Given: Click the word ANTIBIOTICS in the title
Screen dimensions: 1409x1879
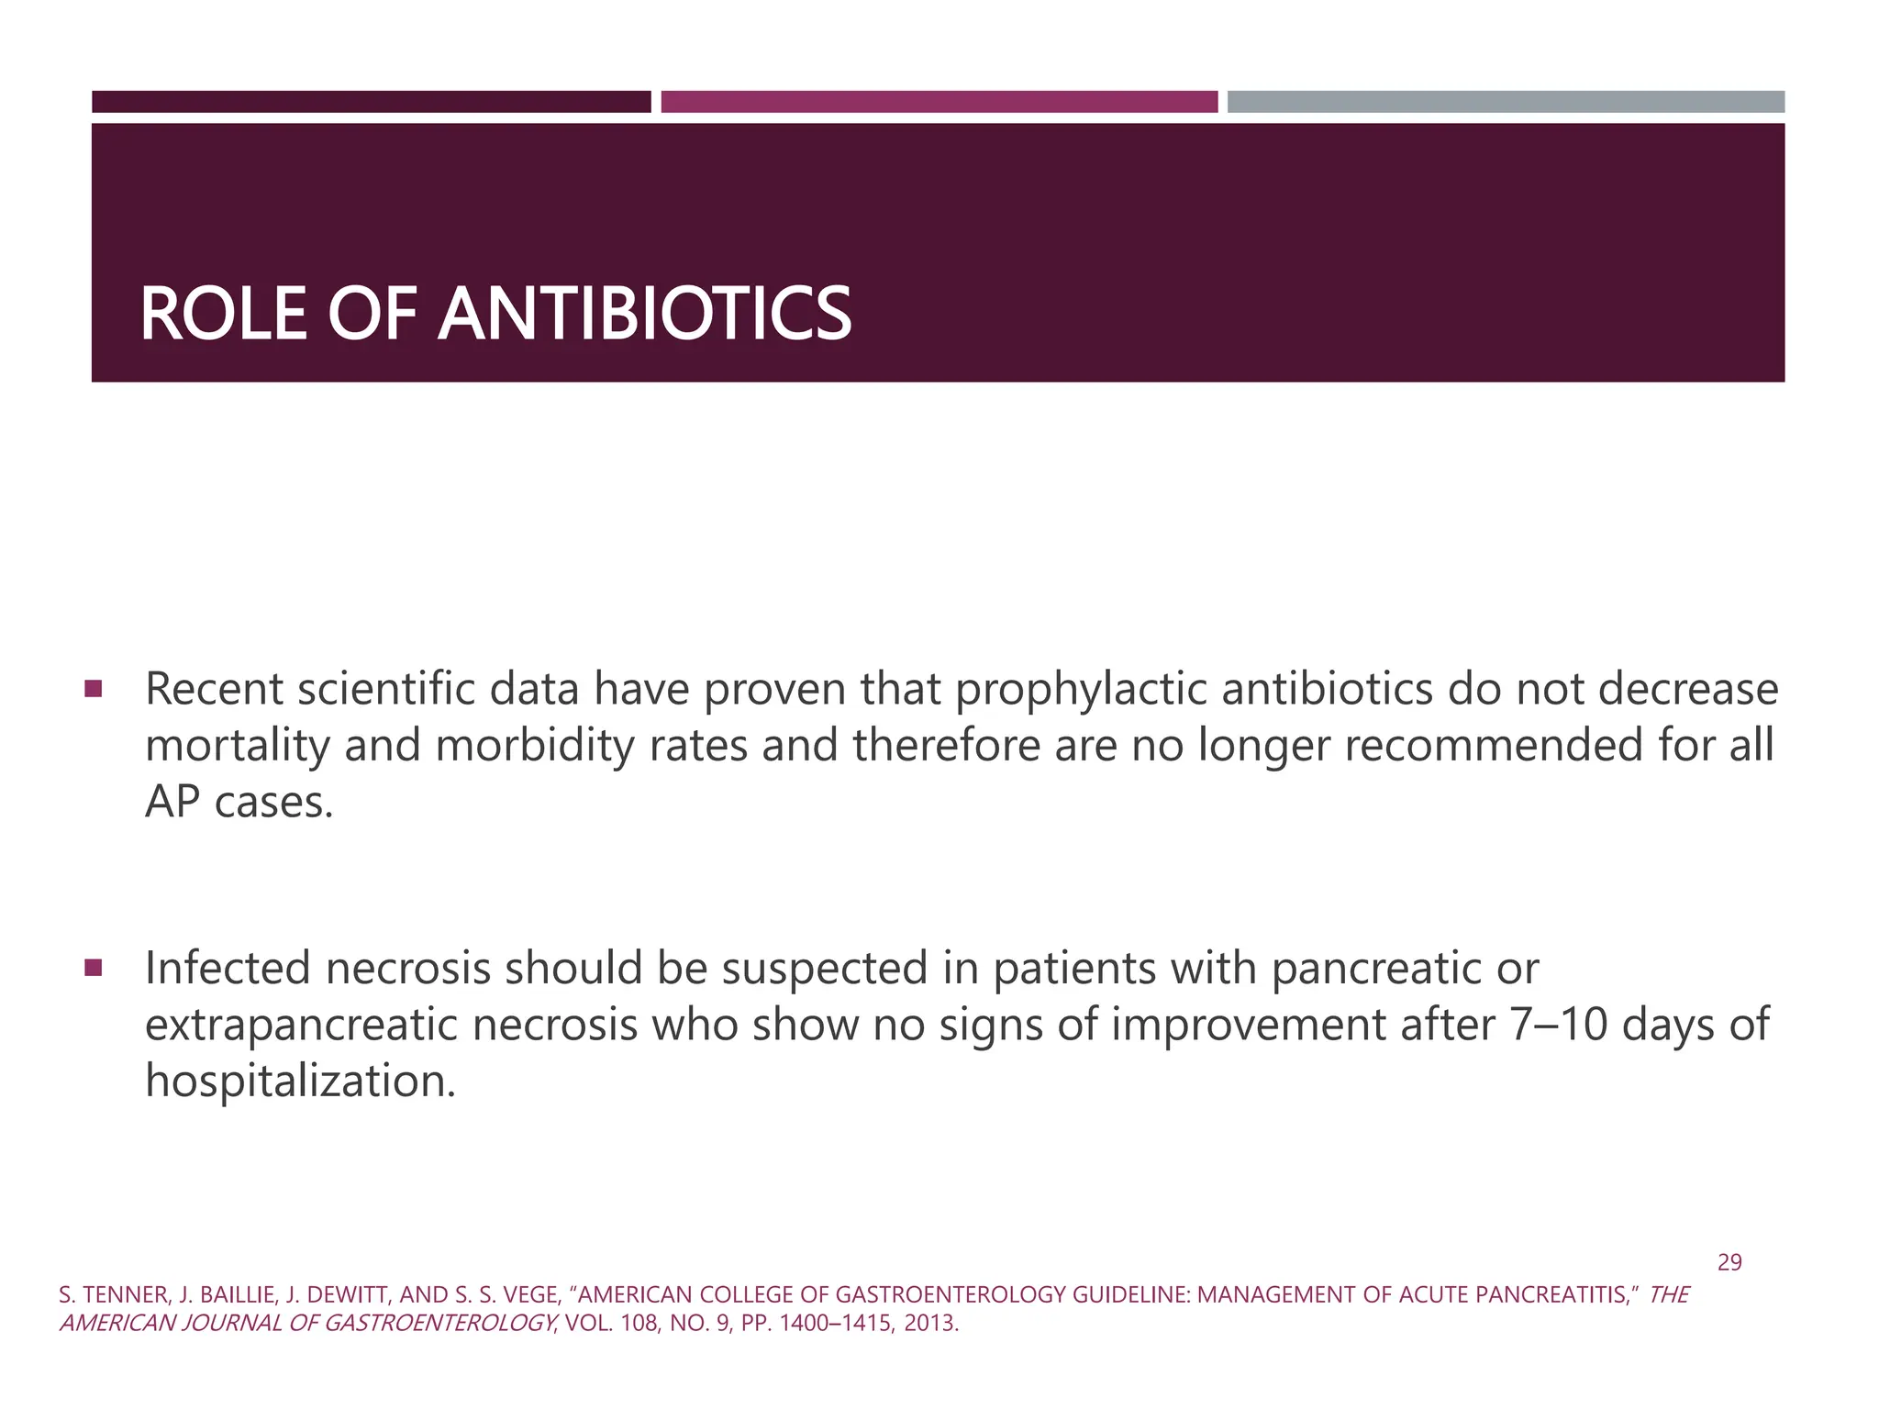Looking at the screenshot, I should [x=645, y=315].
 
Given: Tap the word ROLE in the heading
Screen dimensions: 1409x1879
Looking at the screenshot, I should [x=223, y=315].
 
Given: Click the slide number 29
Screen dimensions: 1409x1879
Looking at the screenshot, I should [x=1729, y=1263].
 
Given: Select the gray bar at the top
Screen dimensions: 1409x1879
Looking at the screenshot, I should [x=1506, y=102].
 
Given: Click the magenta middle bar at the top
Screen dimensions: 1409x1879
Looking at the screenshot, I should [x=939, y=102].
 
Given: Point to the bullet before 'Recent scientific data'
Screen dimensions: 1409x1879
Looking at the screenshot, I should [x=93, y=687].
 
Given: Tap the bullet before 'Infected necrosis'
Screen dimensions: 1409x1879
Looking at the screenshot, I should [x=93, y=967].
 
